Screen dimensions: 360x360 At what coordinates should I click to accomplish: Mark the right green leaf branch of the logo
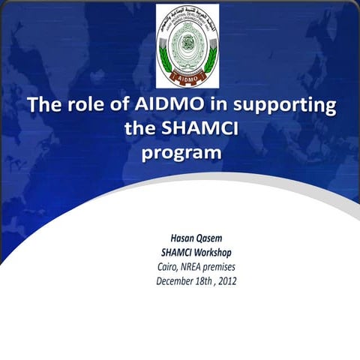(213, 49)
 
